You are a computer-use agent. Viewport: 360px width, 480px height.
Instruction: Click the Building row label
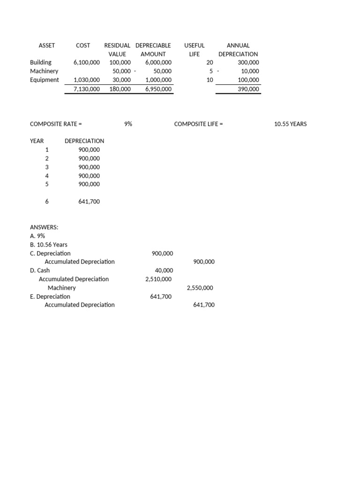(41, 62)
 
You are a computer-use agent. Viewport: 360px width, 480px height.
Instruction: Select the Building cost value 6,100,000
(87, 62)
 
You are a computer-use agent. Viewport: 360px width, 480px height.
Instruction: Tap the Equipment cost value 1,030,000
(87, 80)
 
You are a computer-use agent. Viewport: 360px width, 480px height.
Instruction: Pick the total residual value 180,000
(120, 89)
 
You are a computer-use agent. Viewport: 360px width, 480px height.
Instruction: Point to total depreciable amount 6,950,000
(158, 89)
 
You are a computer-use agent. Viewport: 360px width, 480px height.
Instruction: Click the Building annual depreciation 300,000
(248, 62)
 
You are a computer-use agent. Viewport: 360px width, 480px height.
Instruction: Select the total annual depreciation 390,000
(248, 89)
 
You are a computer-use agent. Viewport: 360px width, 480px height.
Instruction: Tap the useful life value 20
(210, 62)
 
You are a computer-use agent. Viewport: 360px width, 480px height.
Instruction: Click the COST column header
(83, 45)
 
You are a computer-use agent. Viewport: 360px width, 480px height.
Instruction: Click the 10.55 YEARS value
(291, 124)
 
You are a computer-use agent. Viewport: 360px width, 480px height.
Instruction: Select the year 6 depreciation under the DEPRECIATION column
(89, 202)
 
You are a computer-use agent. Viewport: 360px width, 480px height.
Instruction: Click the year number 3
(46, 167)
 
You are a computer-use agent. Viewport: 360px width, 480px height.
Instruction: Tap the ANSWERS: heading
(44, 227)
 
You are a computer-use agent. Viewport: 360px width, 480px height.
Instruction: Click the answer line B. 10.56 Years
(49, 245)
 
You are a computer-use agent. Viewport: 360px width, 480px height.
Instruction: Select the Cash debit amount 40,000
(164, 270)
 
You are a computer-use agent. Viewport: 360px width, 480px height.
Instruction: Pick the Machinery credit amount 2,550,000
(201, 288)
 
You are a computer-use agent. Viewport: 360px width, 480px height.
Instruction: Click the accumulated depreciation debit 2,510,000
(158, 279)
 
